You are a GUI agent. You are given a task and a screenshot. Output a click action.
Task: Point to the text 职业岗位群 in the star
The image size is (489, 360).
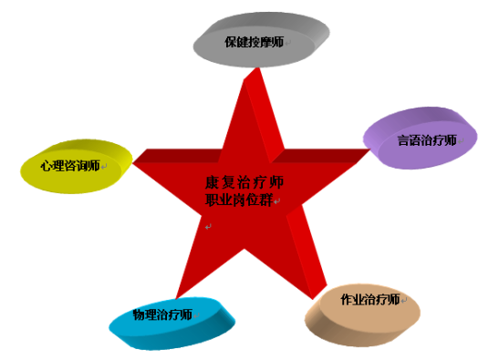coord(239,200)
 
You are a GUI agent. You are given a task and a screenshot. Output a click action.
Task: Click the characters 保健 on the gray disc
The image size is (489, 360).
coord(235,43)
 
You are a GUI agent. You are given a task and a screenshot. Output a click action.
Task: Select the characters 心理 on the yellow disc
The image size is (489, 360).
coord(51,166)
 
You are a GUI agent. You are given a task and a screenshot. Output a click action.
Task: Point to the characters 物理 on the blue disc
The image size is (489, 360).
coord(144,314)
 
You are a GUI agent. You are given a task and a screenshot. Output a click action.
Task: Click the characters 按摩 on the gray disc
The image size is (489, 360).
coord(259,43)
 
